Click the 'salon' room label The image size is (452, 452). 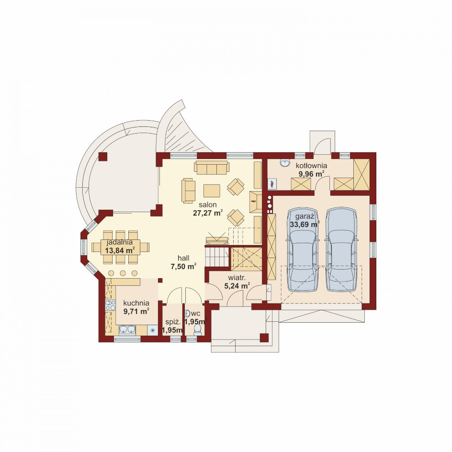click(x=207, y=205)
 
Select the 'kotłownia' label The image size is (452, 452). click(x=311, y=166)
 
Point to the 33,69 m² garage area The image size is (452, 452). click(x=305, y=224)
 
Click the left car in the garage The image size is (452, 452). click(x=303, y=249)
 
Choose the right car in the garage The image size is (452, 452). click(x=341, y=249)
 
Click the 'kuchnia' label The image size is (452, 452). click(x=136, y=303)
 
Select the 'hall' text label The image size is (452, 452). click(x=183, y=258)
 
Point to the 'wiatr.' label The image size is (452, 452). click(x=237, y=278)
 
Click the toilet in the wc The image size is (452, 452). click(x=197, y=329)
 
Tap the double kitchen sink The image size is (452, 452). click(x=127, y=329)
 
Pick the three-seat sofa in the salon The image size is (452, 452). click(x=212, y=168)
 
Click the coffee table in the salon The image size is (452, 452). click(x=212, y=191)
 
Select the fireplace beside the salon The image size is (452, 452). click(x=255, y=202)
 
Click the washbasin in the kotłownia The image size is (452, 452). click(x=285, y=163)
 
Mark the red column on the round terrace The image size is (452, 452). click(x=102, y=157)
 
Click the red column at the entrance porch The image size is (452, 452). click(x=264, y=338)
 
